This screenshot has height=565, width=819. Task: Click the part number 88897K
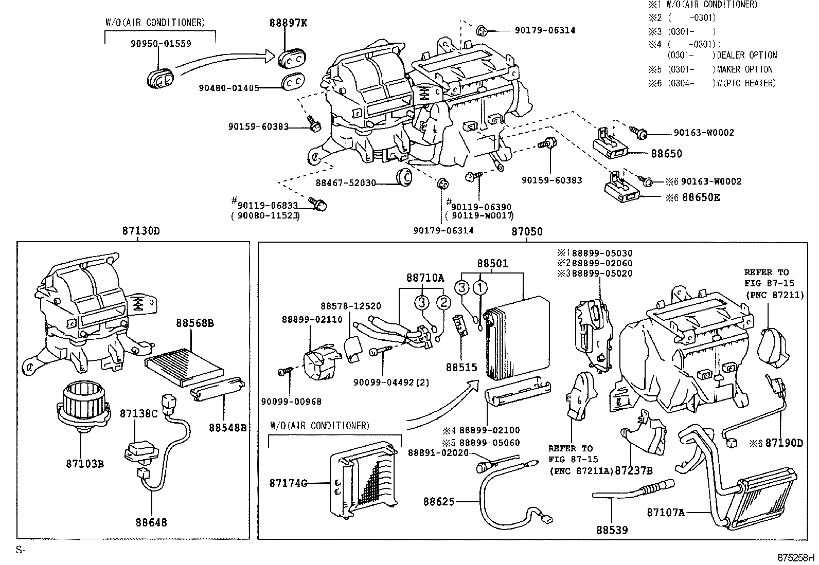pos(288,23)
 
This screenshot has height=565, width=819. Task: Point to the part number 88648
pos(151,523)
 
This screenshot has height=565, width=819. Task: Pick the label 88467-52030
pos(346,183)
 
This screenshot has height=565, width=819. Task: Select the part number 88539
pos(612,530)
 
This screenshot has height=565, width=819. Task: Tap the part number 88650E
pos(701,196)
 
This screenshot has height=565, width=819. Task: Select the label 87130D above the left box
pos(141,231)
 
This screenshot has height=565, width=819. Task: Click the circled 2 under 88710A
pos(443,302)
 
